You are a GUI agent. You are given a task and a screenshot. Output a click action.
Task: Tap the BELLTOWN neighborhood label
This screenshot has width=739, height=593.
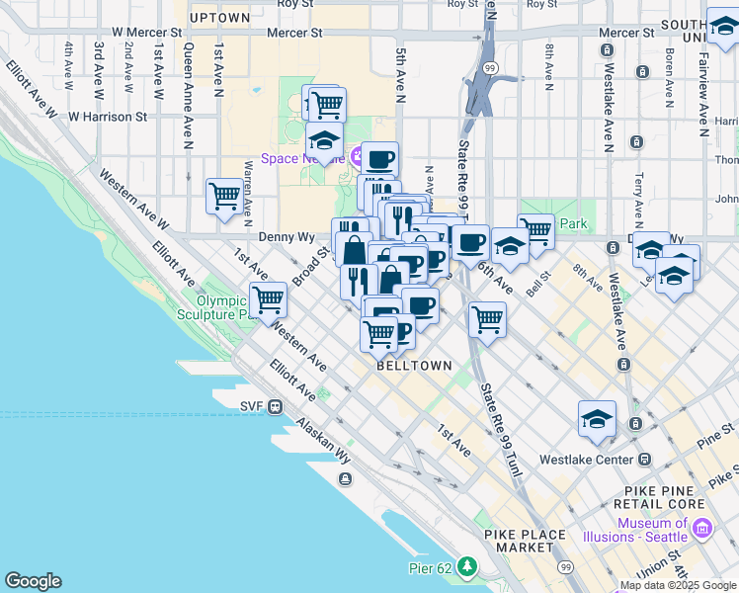click(414, 366)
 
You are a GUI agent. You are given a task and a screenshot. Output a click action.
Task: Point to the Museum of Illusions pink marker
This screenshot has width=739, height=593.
click(703, 530)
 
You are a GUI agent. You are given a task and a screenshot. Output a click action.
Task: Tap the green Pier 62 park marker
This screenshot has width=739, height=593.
click(466, 567)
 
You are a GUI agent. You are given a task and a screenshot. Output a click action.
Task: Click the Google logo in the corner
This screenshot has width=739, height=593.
click(33, 581)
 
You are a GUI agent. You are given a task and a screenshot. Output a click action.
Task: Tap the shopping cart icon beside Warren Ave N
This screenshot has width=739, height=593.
click(224, 196)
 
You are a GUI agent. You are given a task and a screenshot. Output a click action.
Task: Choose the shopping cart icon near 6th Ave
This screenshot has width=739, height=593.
click(487, 318)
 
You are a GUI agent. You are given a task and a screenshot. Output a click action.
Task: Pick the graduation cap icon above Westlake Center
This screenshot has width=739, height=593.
click(597, 419)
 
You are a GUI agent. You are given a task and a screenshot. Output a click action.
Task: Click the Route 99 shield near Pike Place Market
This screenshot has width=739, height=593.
click(564, 567)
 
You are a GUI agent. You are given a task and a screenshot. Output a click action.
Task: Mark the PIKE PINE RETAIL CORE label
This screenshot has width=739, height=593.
click(669, 497)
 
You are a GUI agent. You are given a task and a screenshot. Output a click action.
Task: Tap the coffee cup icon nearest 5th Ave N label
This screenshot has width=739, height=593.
click(378, 159)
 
